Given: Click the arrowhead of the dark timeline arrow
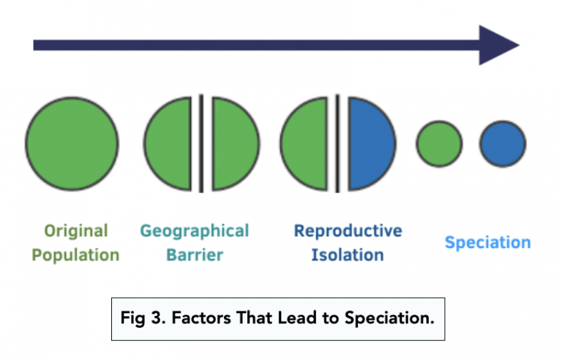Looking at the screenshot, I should coord(498,45).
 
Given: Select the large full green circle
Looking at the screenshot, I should coord(72,142).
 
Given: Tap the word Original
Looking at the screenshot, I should coord(76,231).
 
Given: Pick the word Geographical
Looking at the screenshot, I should coord(195,231).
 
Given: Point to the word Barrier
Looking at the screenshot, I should coord(194,255).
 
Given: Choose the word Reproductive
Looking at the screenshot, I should coord(348,231).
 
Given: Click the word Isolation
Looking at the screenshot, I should coord(348,255).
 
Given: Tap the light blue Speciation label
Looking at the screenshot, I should coord(487,243).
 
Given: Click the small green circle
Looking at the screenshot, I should coord(439,143).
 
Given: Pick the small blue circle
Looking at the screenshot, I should coord(503,143).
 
